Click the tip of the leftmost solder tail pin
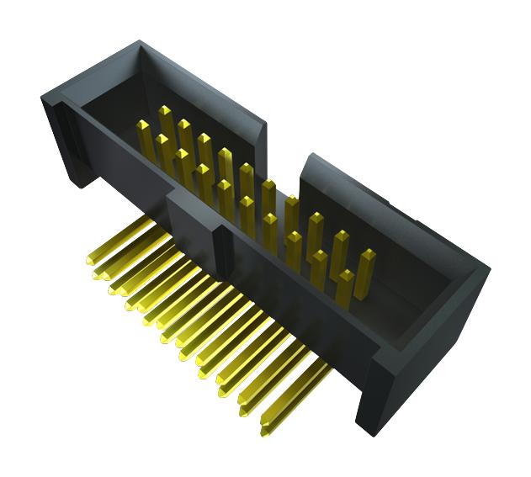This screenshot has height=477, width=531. (91, 262)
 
